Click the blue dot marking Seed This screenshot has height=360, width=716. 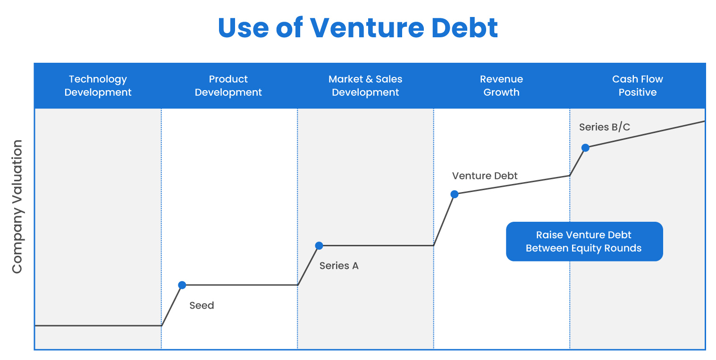[x=182, y=285]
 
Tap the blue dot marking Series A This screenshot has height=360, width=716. [x=319, y=245]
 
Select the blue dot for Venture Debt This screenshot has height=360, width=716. [x=455, y=194]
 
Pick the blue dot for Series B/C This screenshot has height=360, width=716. [x=585, y=148]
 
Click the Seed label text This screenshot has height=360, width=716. [x=202, y=305]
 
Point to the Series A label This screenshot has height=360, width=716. [x=339, y=266]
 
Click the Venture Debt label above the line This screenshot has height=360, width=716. [x=485, y=176]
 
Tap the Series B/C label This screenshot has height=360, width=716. [x=604, y=127]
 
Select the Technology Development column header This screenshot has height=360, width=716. [x=98, y=86]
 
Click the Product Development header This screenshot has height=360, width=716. [x=228, y=86]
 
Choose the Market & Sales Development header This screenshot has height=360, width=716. [x=365, y=86]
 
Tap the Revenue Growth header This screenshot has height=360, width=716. [x=501, y=86]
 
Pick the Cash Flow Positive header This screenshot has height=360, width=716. [x=638, y=86]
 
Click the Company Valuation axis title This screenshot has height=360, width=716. [x=17, y=206]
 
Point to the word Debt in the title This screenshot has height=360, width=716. [x=465, y=28]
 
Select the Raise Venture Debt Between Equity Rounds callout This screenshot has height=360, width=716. [x=584, y=242]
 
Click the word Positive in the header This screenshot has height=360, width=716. [x=638, y=92]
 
